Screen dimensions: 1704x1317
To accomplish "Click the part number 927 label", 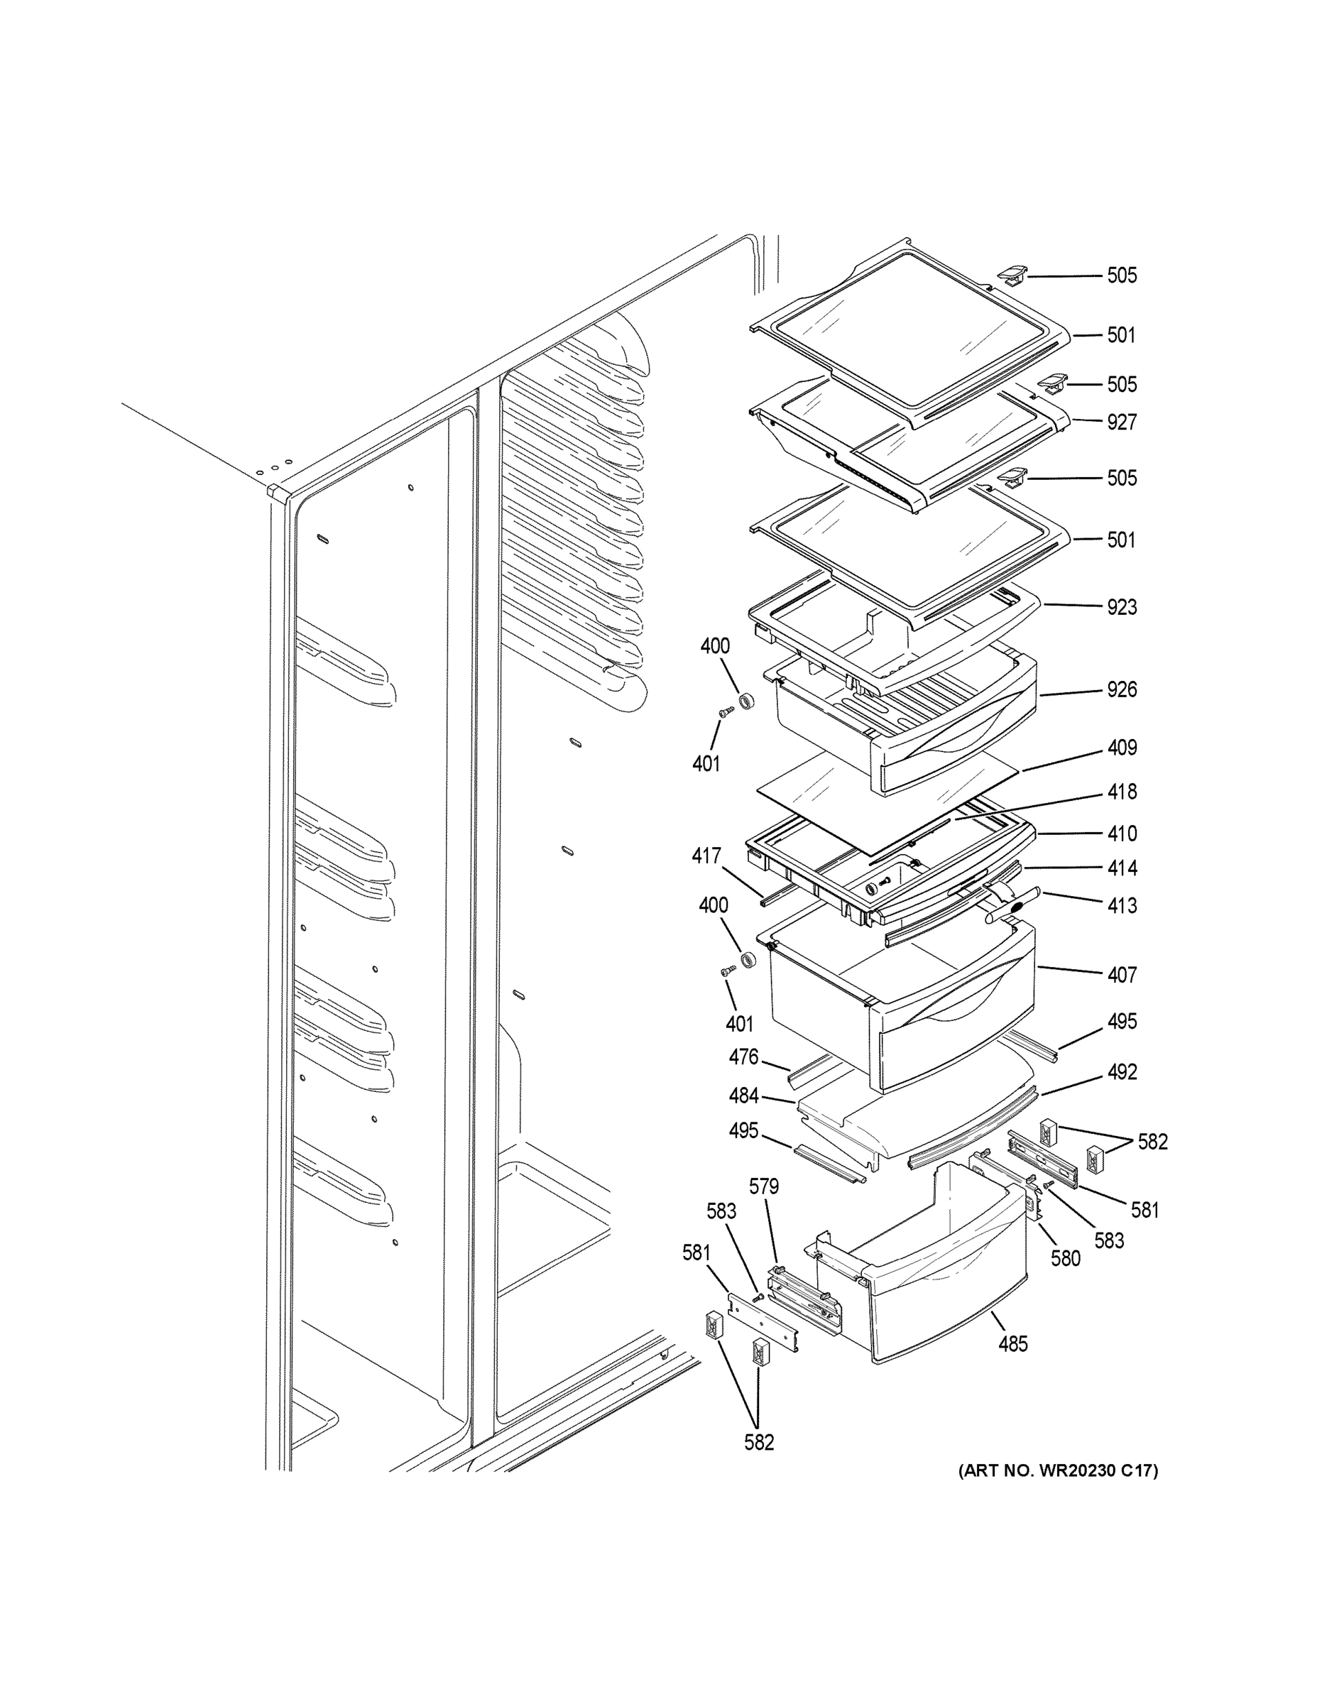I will coord(1121,422).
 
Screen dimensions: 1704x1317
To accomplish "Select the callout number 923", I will coord(1121,606).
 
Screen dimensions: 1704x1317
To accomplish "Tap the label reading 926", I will coord(1121,689).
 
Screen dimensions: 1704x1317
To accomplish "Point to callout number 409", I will coord(1121,748).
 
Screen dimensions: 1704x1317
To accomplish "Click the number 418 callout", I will coord(1121,791).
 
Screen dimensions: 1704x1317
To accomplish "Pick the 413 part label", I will coord(1121,905).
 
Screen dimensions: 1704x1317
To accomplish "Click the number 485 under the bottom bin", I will coord(1012,1343).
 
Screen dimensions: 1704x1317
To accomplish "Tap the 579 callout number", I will coord(763,1186).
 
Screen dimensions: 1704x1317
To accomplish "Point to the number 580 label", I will coord(1065,1257).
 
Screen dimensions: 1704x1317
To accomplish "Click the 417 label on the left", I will coord(706,856).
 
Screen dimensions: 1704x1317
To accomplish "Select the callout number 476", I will coord(743,1056).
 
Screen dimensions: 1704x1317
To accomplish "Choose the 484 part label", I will coord(743,1096).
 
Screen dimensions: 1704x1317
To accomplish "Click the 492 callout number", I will coord(1121,1072).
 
